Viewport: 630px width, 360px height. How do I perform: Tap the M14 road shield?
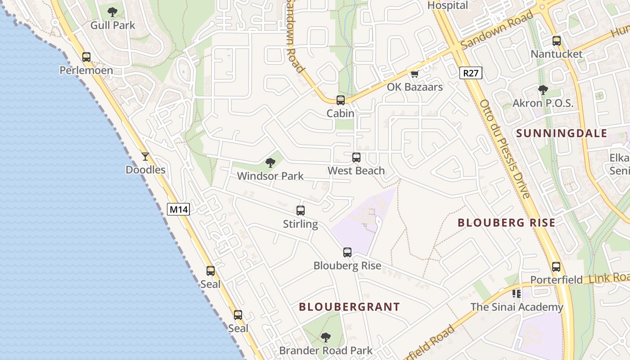(179, 209)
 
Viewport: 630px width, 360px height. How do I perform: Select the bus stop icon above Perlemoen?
(86, 57)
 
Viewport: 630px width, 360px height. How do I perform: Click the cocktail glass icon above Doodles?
(145, 157)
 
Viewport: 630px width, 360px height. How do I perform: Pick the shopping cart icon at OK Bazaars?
(414, 74)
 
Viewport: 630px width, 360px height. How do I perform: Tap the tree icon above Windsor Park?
(270, 162)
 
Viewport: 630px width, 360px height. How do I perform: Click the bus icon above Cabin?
(341, 100)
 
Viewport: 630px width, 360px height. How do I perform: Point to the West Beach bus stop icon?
(356, 157)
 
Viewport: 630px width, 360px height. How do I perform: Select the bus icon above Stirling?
(300, 211)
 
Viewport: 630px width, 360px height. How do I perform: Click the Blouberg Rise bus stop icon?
(347, 252)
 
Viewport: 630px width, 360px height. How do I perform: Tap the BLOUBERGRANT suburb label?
(349, 307)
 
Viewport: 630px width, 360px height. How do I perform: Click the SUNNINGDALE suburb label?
(562, 134)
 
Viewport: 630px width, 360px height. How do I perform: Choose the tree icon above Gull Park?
(112, 12)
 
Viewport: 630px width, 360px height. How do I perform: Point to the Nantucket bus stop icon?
(557, 41)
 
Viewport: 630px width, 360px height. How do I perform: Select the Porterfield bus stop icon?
(556, 267)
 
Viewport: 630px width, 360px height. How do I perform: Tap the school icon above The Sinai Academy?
(517, 294)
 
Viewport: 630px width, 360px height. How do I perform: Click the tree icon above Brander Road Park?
(326, 337)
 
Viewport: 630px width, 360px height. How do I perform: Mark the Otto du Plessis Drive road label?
(504, 149)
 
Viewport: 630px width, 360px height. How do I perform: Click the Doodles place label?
(145, 170)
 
